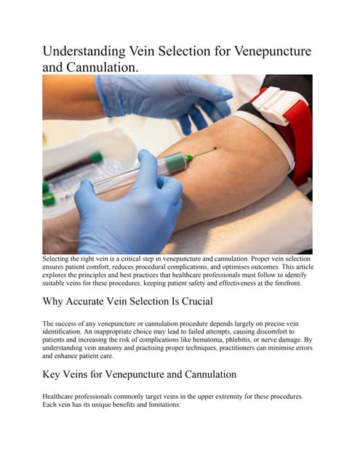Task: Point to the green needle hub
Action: [188, 158]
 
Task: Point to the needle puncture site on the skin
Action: [215, 150]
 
